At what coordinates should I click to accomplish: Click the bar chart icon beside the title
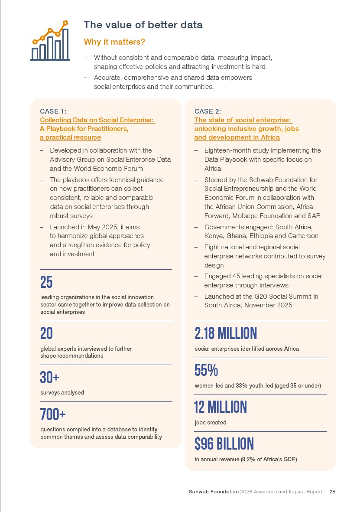tap(50, 41)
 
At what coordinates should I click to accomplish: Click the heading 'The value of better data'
tap(143, 25)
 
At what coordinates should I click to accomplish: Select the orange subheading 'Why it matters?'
tap(114, 42)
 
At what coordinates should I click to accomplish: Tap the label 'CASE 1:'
tap(53, 111)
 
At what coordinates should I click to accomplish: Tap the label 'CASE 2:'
tap(208, 111)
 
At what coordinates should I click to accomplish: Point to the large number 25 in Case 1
tap(46, 283)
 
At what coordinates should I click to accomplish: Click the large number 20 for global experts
tap(46, 333)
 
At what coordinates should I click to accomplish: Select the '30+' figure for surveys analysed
tap(49, 378)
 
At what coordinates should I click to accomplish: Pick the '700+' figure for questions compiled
tap(52, 414)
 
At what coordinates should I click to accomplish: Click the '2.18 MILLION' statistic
tap(226, 333)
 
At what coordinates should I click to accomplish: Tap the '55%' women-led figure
tap(206, 370)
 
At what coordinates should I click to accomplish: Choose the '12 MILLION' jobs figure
tap(221, 407)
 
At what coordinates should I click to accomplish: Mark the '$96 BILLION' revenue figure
tap(224, 444)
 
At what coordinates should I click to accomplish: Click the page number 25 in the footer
tap(332, 492)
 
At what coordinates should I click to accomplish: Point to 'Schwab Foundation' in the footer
tap(214, 492)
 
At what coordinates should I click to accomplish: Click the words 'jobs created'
tap(211, 422)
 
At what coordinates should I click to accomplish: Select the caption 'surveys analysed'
tap(62, 392)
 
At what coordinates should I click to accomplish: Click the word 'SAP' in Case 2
tap(313, 215)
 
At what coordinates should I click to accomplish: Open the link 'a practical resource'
tap(71, 137)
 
